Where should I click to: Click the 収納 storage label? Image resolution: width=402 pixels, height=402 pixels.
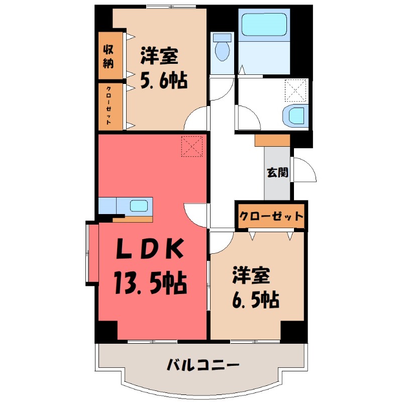tap(109, 56)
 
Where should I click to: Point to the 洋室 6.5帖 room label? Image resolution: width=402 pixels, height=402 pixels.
tap(255, 288)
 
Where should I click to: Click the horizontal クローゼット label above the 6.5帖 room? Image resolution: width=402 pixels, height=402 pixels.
tap(271, 217)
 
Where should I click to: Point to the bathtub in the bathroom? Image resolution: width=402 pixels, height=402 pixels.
tap(263, 24)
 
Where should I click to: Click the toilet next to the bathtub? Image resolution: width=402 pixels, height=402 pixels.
tap(222, 47)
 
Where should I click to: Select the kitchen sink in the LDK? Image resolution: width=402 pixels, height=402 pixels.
tap(139, 205)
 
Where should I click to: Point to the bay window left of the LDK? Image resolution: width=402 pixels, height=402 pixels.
tap(91, 252)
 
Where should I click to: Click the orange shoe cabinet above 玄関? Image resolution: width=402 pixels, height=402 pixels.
tap(272, 140)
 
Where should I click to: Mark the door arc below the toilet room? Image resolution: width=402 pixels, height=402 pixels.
tap(221, 90)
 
